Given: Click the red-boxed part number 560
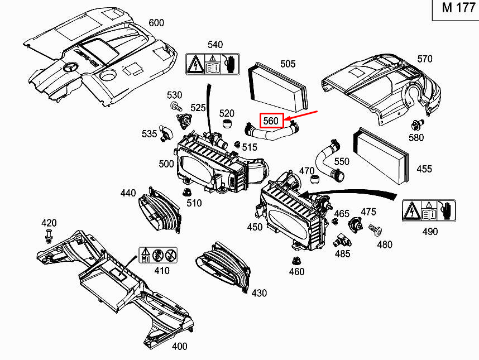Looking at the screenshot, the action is [271, 121].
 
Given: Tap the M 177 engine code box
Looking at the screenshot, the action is [456, 10].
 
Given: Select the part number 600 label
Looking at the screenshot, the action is [156, 23].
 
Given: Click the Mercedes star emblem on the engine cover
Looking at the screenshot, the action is [70, 68].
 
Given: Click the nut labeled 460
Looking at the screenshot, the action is [295, 261].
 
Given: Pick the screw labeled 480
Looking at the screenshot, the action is [376, 230].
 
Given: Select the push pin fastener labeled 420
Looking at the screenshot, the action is [48, 236].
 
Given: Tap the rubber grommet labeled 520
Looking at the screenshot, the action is [227, 124].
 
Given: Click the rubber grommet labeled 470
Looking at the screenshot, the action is [315, 179].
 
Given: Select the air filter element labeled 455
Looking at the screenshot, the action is [381, 156].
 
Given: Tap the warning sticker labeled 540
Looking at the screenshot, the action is [213, 64].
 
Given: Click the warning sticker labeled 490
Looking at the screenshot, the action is [429, 210].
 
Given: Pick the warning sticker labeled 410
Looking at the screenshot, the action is [158, 255].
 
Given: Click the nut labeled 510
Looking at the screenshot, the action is [186, 193].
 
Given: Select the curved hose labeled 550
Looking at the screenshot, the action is [329, 160].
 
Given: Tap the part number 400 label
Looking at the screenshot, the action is [180, 346].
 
